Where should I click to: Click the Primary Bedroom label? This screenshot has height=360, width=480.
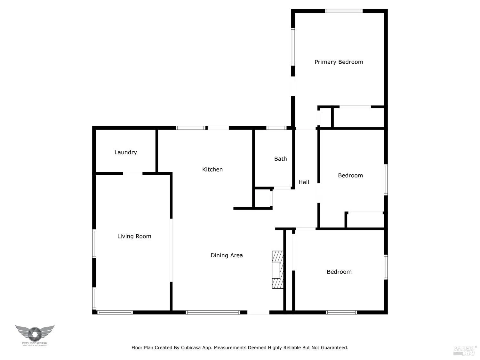[x=339, y=62]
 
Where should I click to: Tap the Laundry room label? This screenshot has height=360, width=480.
[x=125, y=152]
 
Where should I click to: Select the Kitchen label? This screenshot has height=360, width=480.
[x=212, y=170]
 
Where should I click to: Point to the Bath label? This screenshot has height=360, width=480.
[x=280, y=159]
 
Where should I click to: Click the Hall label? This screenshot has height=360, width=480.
[x=304, y=182]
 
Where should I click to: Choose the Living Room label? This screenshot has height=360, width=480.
[x=134, y=236]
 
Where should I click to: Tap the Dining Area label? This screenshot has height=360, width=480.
[x=227, y=255]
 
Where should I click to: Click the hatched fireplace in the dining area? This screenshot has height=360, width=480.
[x=277, y=270]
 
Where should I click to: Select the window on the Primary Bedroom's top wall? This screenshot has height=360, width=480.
[x=344, y=11]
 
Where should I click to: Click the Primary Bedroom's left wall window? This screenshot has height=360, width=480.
[x=292, y=47]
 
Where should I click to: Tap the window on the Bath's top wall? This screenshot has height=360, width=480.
[x=276, y=128]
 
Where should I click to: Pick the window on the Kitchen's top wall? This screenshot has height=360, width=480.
[x=191, y=128]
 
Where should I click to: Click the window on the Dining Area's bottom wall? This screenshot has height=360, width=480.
[x=213, y=312]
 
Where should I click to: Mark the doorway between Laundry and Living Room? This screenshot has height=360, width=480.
[x=132, y=173]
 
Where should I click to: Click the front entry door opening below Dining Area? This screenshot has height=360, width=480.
[x=258, y=312]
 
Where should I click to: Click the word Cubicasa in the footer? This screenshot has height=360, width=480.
[x=191, y=348]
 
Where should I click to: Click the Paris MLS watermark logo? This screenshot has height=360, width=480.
[x=465, y=350]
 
